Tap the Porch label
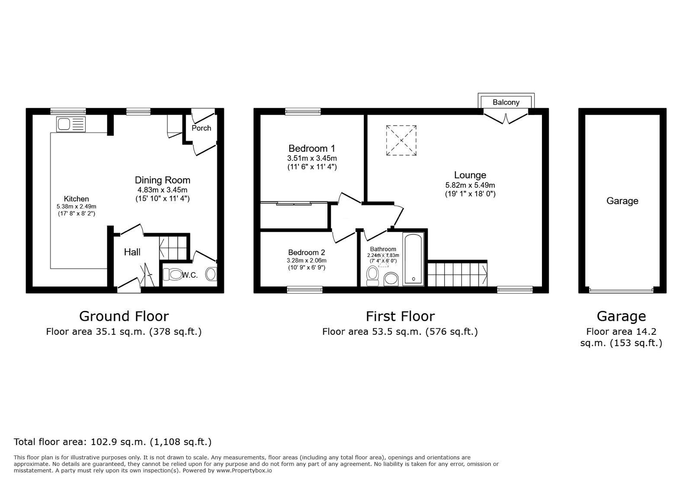coord(202,128)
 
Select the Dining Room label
coord(163,180)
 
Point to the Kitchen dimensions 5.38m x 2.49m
coord(77,207)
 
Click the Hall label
coord(132,252)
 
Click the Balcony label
coord(506,103)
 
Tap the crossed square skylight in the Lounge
coord(401,140)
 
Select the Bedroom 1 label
coord(312,149)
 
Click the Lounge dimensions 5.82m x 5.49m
coord(470,185)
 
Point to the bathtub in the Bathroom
coord(413,259)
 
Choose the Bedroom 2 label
coord(307,253)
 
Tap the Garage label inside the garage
coord(622,201)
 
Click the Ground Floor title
coord(124,316)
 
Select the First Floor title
coord(400,316)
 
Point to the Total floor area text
coord(112,442)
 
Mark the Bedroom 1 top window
coord(303,112)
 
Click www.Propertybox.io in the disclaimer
coord(244,471)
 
